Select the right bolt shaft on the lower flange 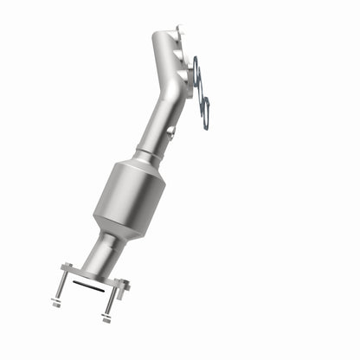pyautogui.click(x=111, y=298)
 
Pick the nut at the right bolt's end pyautogui.click(x=106, y=318)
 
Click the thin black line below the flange pyautogui.click(x=86, y=284)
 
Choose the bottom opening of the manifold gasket pyautogui.click(x=206, y=111)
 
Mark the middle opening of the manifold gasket pyautogui.click(x=201, y=87)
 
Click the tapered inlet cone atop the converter pyautogui.click(x=145, y=166)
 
